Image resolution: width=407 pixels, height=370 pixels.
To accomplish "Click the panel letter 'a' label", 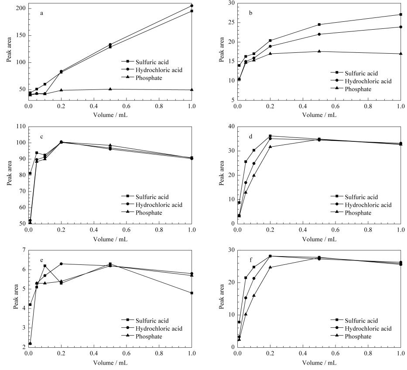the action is click(41, 13).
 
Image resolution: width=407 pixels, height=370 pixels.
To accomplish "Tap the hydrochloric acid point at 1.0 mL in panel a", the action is click(192, 5).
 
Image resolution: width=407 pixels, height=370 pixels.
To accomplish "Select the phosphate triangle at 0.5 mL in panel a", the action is click(110, 89).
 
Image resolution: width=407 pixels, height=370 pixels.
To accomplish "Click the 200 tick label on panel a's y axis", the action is click(21, 8).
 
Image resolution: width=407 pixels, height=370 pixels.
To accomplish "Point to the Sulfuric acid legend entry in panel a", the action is click(145, 62).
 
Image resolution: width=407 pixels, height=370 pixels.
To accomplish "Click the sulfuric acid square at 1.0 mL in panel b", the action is click(401, 14).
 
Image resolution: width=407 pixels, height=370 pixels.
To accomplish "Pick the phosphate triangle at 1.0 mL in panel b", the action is click(401, 54).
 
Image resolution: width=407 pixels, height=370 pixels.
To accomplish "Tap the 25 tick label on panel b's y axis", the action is click(231, 22).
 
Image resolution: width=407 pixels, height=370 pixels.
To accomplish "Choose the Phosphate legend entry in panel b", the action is click(351, 89).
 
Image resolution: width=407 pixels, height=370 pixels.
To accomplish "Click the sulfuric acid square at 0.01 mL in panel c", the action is click(30, 173).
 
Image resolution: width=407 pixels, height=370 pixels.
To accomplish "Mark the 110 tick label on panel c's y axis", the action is click(21, 127).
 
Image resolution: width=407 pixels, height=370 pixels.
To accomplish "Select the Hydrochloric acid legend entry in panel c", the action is click(152, 205).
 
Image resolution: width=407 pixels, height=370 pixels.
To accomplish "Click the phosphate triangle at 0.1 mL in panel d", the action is click(254, 175).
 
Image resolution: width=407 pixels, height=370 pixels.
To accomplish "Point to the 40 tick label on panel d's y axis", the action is click(231, 127).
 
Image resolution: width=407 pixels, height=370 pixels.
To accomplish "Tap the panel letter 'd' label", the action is click(250, 137).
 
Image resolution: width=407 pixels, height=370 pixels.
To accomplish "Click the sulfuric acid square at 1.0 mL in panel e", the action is click(192, 293).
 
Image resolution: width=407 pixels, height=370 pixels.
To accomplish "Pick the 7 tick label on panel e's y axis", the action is click(24, 250).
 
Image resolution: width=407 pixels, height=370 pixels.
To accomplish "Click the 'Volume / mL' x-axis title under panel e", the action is click(110, 363).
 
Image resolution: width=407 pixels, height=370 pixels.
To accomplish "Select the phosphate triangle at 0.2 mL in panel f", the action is click(270, 267).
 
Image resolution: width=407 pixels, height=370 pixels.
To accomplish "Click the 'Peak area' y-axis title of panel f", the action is click(222, 297).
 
